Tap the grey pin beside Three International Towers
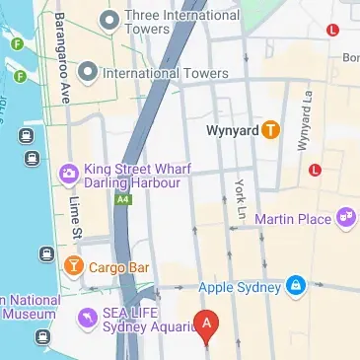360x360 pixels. click(x=108, y=18)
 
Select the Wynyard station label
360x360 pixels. click(x=232, y=129)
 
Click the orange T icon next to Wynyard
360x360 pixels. click(x=269, y=129)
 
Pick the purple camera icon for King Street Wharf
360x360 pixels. click(x=69, y=175)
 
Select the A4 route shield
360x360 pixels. click(x=122, y=199)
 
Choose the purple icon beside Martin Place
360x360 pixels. click(x=345, y=217)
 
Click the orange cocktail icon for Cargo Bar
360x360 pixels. click(x=73, y=265)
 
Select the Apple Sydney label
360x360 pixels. click(x=240, y=287)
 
